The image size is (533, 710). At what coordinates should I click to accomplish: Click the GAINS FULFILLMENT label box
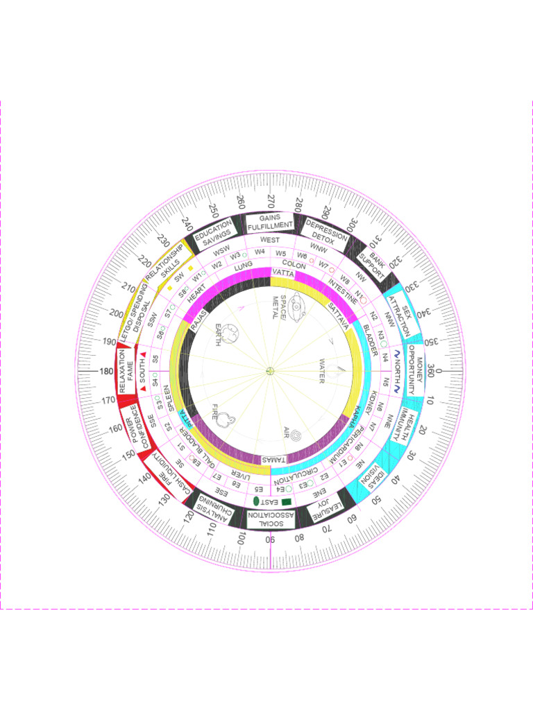click(x=270, y=223)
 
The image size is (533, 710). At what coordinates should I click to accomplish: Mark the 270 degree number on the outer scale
click(x=270, y=202)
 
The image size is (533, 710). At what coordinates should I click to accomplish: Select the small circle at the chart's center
click(x=270, y=371)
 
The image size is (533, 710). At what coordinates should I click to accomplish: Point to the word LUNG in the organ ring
click(x=243, y=266)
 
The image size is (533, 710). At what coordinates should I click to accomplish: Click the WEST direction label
click(x=270, y=240)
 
